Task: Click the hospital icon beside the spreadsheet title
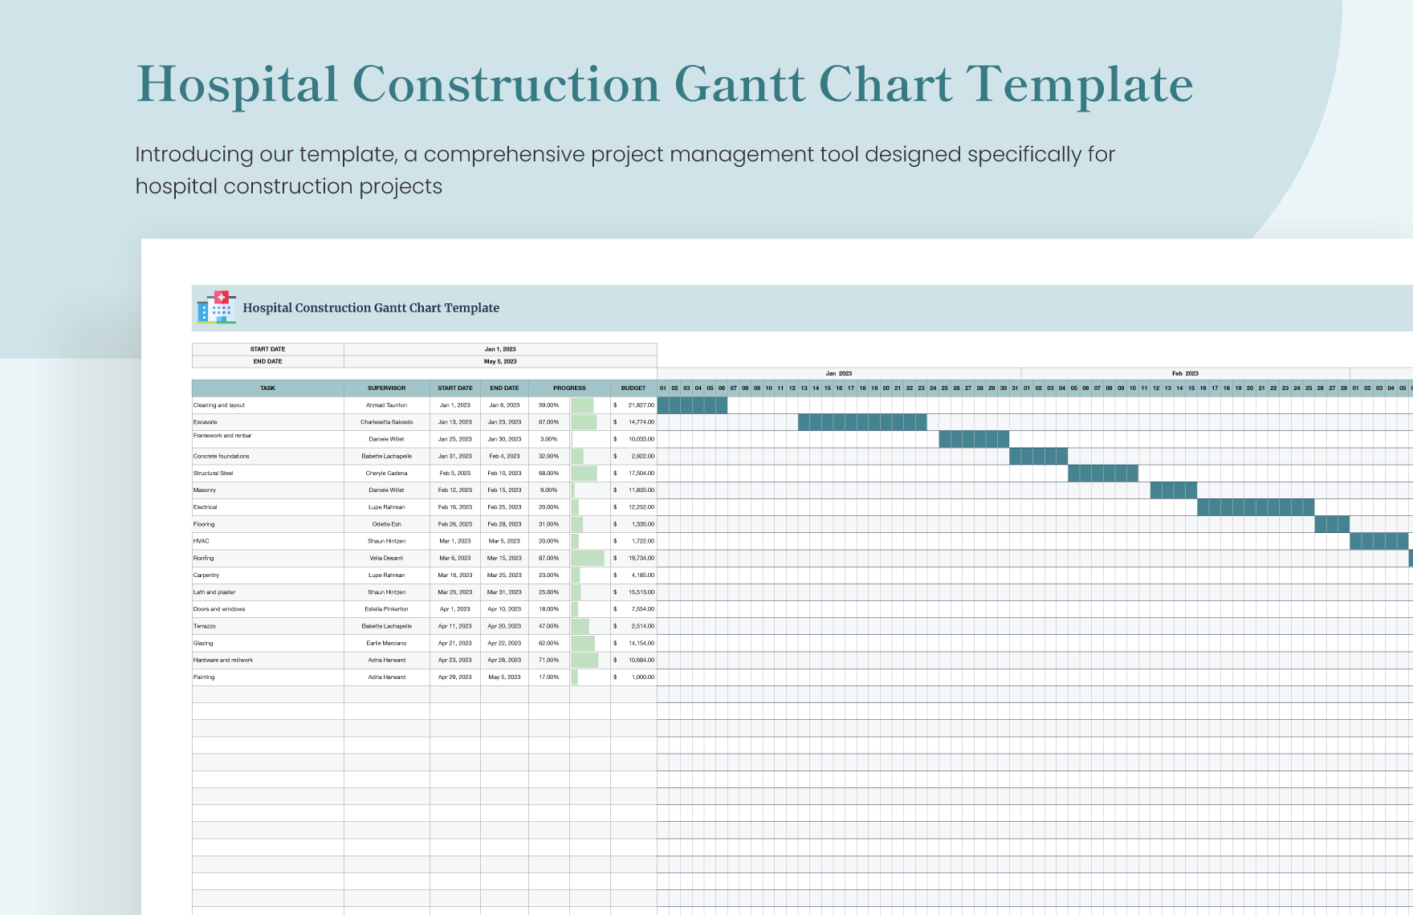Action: tap(216, 307)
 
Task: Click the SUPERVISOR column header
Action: tap(386, 388)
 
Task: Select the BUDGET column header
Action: tap(633, 388)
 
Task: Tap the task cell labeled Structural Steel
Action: tap(214, 473)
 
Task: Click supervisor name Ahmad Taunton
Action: tap(386, 405)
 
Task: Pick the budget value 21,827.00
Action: tap(641, 405)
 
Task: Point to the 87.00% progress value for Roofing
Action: tap(548, 558)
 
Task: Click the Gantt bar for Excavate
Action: tap(861, 422)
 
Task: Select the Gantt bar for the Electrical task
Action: tap(1255, 507)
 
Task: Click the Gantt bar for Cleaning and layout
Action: tap(692, 405)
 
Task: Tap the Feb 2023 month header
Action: tap(1184, 373)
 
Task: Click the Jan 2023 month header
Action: tap(838, 373)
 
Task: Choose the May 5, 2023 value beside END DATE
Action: tap(500, 361)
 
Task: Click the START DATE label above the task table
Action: tap(267, 349)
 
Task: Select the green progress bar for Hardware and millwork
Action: tap(584, 660)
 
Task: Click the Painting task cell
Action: tap(204, 677)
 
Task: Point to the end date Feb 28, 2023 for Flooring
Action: tap(504, 524)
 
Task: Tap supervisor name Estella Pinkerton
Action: tap(386, 609)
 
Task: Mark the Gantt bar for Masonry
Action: tap(1173, 490)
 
